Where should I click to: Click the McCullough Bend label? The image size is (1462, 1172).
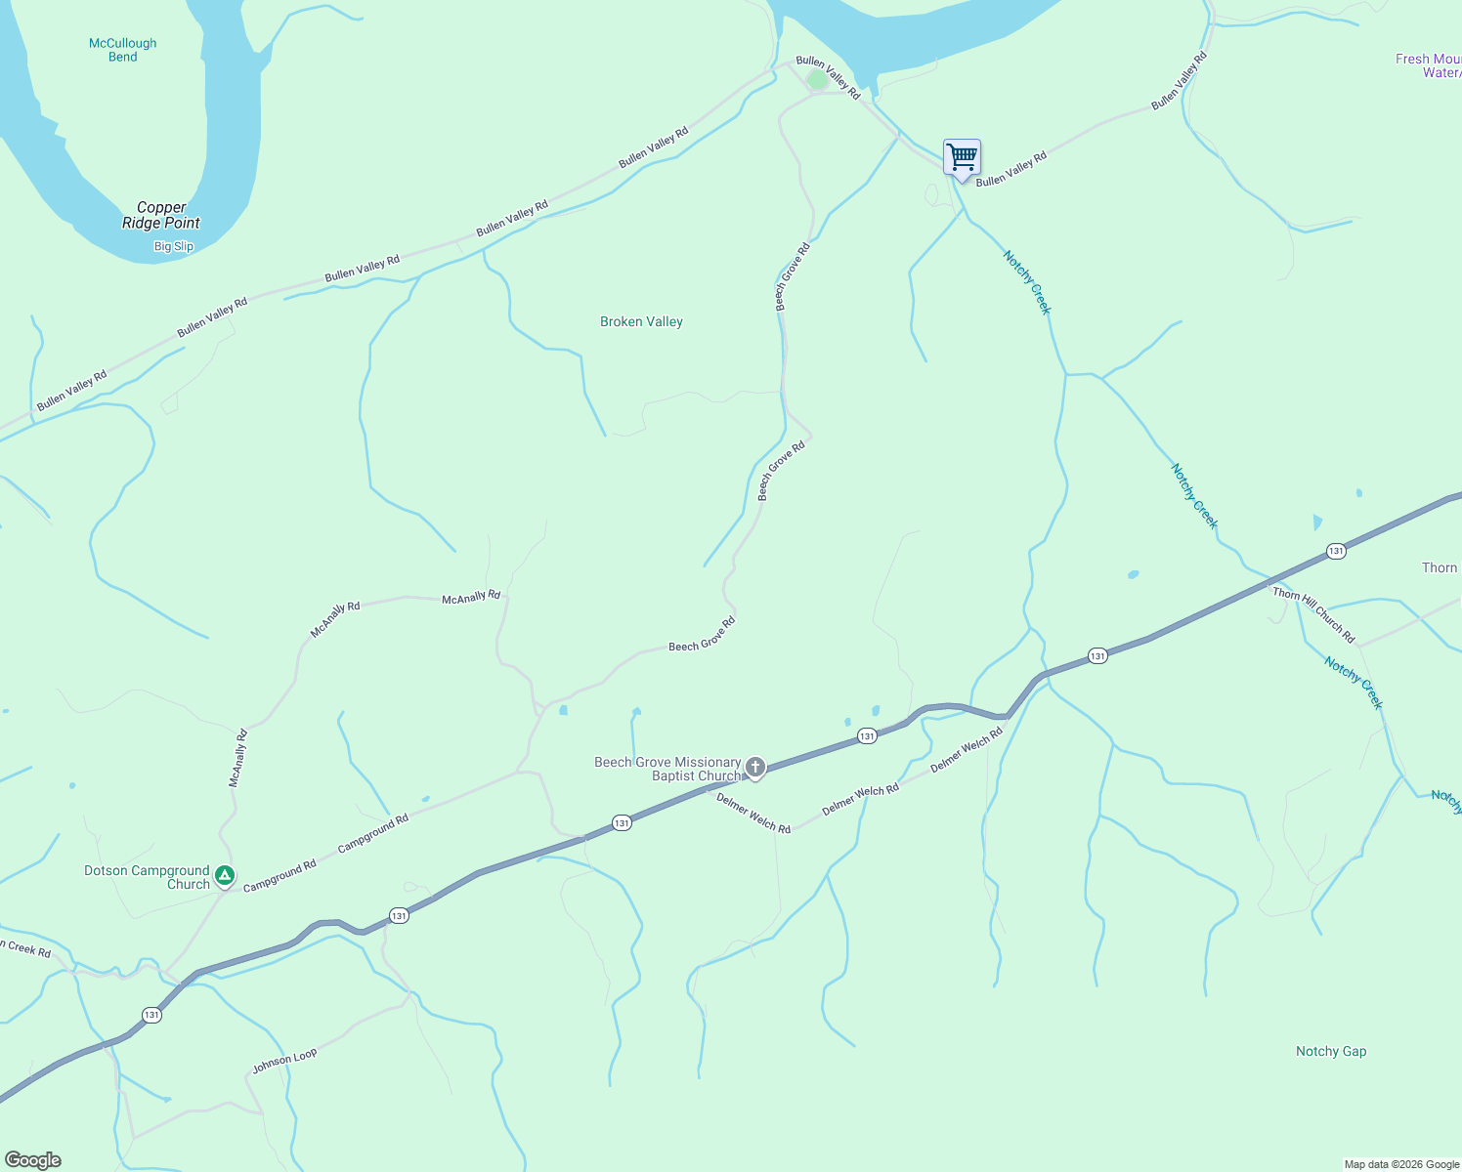click(122, 50)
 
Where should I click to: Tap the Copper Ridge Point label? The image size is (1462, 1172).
click(160, 215)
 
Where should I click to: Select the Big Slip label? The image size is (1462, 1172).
click(174, 246)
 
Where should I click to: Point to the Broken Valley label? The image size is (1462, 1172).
click(641, 321)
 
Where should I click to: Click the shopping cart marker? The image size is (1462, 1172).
click(962, 157)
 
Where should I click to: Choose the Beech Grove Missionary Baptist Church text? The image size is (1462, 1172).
click(668, 769)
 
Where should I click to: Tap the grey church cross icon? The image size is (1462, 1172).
click(754, 768)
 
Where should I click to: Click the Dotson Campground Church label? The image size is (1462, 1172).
click(148, 877)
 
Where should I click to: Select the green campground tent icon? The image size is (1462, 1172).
click(225, 876)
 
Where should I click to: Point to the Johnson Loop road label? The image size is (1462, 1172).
click(284, 1061)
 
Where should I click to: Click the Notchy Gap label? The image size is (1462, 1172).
click(1331, 1051)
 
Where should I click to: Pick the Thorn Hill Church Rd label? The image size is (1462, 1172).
click(1313, 614)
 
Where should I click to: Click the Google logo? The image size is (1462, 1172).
click(33, 1160)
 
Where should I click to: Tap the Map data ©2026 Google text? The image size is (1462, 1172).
click(1401, 1164)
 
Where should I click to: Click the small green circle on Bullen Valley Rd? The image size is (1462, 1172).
click(818, 80)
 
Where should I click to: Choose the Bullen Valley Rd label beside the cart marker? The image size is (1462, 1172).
click(1010, 169)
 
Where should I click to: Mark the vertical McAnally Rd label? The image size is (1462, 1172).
click(236, 758)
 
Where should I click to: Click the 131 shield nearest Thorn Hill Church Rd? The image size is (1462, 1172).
click(1336, 552)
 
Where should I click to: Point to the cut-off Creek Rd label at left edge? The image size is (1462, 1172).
click(25, 948)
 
